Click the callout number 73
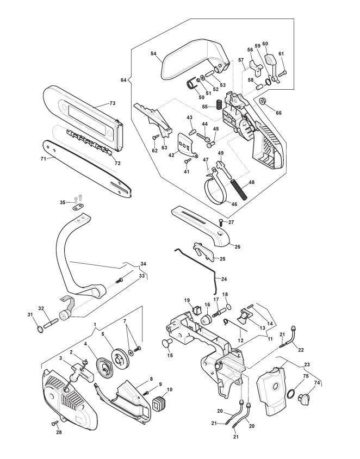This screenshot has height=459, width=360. coord(113,103)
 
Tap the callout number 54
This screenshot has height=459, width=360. coord(154,53)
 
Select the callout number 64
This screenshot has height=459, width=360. coord(123,79)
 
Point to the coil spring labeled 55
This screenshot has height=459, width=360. coord(219,105)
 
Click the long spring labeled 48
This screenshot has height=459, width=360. coord(239,189)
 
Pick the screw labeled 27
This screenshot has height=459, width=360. coord(221,222)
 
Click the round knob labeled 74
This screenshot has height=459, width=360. coord(303,399)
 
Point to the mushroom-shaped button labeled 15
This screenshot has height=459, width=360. coord(167,344)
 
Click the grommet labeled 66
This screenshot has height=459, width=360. coord(262,101)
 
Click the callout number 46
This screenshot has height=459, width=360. coord(234,204)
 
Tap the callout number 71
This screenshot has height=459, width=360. coord(44,159)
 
